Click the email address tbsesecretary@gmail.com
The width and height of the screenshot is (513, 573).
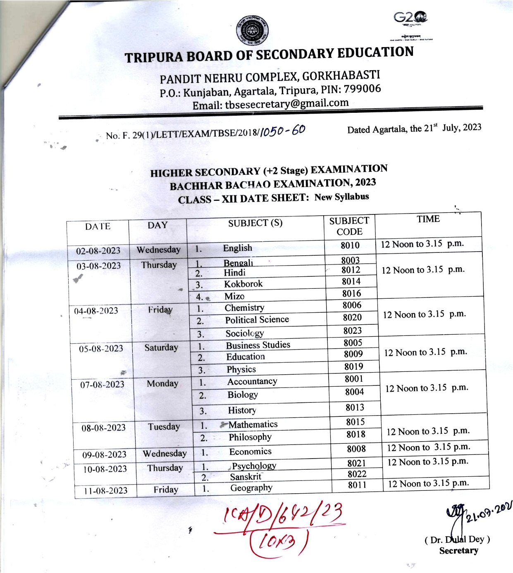(x=286, y=103)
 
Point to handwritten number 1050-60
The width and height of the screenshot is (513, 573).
(x=283, y=131)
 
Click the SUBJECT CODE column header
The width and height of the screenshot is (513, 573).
(x=349, y=226)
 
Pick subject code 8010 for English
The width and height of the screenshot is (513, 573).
(x=350, y=245)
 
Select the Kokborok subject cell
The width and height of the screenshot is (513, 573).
(x=243, y=284)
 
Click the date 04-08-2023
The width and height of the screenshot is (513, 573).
(x=96, y=311)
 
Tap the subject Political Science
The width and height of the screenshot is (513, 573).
(x=257, y=320)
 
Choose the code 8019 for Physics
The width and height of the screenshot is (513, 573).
(x=354, y=366)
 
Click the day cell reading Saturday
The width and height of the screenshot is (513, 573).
(x=161, y=347)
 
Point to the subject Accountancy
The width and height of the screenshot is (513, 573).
(x=252, y=381)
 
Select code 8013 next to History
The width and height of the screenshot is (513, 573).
(x=355, y=408)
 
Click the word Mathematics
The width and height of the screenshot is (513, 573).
(x=253, y=424)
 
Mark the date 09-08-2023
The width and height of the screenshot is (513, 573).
(x=104, y=454)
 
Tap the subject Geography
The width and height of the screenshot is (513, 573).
(x=251, y=488)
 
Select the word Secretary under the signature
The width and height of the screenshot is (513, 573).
(x=458, y=550)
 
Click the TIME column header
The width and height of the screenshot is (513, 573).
(x=428, y=219)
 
